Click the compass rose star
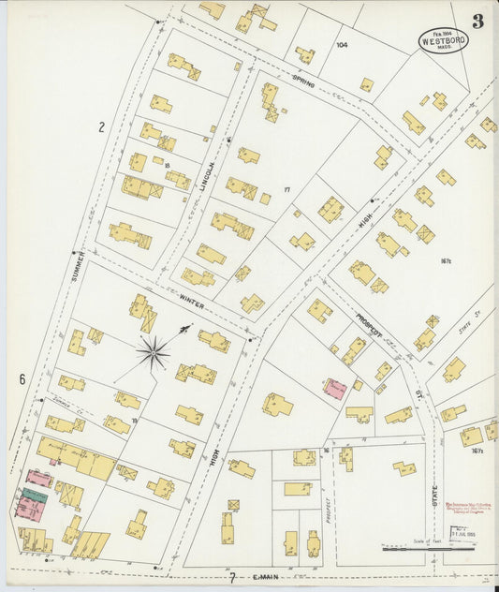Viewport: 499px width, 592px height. point(153,353)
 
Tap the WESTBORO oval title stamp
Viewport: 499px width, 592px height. point(443,41)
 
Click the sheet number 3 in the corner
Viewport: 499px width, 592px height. point(477,22)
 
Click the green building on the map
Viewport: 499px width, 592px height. point(35,495)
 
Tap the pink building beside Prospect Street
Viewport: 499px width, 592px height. point(334,389)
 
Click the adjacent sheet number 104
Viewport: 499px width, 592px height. point(342,44)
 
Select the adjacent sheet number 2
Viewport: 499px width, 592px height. point(100,126)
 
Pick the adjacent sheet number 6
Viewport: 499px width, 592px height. point(21,379)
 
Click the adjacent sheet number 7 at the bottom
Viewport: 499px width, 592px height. point(232,577)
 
